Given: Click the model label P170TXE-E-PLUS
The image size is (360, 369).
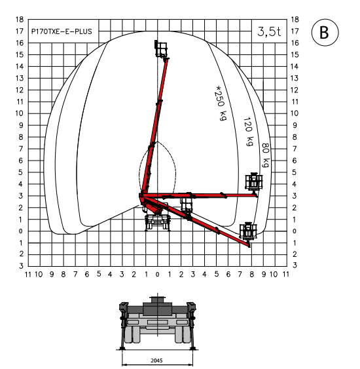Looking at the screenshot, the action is [x=62, y=31].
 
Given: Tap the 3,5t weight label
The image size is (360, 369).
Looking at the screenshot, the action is [x=269, y=31].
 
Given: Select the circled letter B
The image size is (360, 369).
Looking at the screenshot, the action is [x=325, y=32].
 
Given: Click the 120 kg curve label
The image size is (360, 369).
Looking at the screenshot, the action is [x=249, y=132].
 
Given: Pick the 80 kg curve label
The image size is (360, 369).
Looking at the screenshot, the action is [x=266, y=155].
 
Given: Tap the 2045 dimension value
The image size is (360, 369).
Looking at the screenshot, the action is [x=156, y=360].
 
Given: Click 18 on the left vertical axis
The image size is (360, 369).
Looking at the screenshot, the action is [x=20, y=19].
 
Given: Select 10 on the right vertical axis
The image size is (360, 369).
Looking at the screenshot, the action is [x=295, y=113].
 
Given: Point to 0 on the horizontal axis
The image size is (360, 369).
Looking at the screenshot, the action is [x=158, y=275].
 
